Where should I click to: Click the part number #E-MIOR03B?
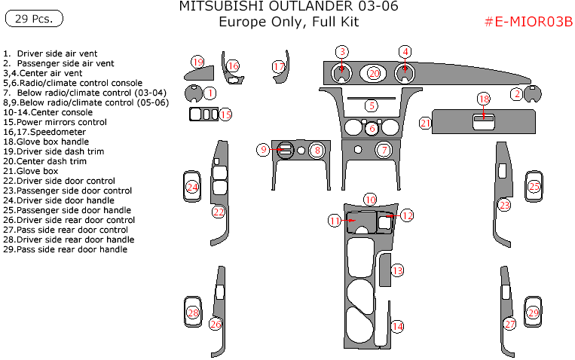pyautogui.click(x=528, y=22)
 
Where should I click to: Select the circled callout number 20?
pyautogui.click(x=375, y=73)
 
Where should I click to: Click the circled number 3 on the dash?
pyautogui.click(x=342, y=51)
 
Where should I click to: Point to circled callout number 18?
pyautogui.click(x=484, y=99)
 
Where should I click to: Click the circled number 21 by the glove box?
pyautogui.click(x=426, y=123)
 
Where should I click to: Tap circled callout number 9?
pyautogui.click(x=263, y=150)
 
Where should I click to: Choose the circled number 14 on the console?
pyautogui.click(x=396, y=326)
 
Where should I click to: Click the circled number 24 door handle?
pyautogui.click(x=193, y=187)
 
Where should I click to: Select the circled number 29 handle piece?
pyautogui.click(x=534, y=313)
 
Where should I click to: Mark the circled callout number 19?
pyautogui.click(x=197, y=61)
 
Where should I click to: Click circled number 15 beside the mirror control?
pyautogui.click(x=225, y=114)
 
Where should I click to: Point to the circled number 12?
pyautogui.click(x=407, y=215)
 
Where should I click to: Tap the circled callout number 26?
pyautogui.click(x=216, y=325)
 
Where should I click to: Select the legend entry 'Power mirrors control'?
pyautogui.click(x=56, y=122)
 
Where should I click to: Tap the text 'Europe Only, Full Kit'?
pyautogui.click(x=289, y=22)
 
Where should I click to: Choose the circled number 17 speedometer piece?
pyautogui.click(x=279, y=67)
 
